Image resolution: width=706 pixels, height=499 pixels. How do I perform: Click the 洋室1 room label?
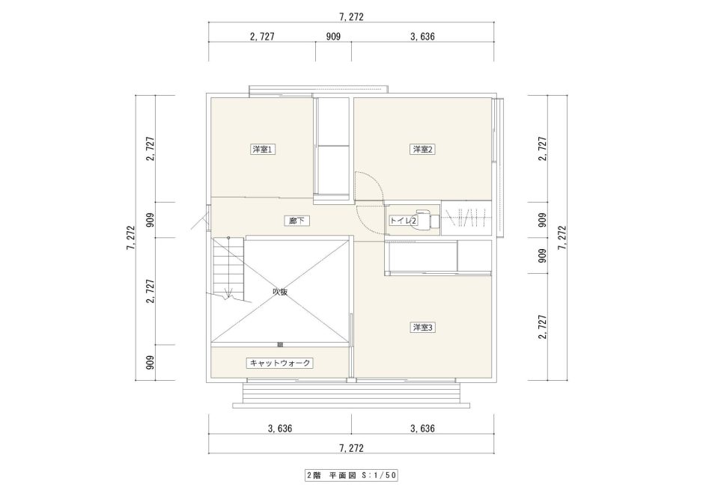263,150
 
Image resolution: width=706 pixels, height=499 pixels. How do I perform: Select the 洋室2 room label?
422,150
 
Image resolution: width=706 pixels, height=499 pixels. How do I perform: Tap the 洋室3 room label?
422,328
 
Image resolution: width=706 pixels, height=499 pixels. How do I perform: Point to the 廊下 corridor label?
297,221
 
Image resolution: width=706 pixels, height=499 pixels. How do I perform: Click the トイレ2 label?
404,221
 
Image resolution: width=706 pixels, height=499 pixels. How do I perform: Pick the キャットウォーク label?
279,363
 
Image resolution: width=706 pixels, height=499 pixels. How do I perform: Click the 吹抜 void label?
280,292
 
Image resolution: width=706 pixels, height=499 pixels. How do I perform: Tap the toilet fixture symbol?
427,218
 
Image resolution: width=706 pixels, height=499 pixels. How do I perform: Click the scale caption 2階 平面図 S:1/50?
351,475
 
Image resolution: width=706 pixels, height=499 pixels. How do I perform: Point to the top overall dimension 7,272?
350,17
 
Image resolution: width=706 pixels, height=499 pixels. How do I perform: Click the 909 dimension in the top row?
333,37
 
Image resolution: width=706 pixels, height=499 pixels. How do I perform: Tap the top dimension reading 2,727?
262,37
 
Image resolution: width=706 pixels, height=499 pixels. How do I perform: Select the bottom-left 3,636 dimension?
279,429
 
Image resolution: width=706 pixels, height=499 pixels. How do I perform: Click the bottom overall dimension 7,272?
350,448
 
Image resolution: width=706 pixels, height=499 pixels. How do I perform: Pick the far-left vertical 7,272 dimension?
131,238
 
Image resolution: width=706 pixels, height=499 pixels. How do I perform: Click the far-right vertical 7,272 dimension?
562,238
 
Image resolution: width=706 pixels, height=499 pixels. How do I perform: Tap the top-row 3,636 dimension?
422,37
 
